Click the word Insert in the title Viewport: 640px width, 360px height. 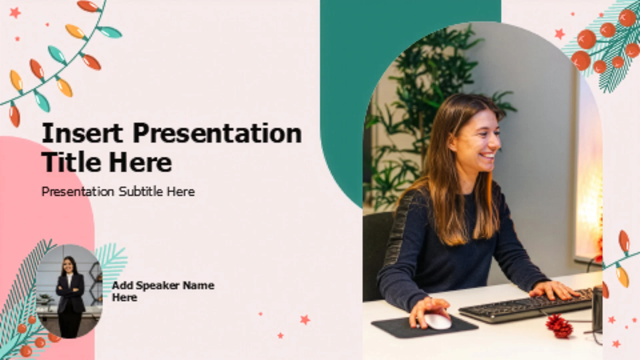82,133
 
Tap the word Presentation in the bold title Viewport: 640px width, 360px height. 217,133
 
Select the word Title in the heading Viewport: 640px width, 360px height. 71,162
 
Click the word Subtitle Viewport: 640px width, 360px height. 141,191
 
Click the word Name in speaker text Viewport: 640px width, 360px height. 199,285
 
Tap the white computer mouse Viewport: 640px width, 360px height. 438,321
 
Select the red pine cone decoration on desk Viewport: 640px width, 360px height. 559,326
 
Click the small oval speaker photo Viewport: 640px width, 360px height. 69,291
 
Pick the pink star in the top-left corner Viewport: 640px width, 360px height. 15,13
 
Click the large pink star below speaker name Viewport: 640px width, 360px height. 305,320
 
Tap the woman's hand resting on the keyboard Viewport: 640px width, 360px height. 553,289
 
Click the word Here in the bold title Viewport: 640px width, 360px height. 140,162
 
